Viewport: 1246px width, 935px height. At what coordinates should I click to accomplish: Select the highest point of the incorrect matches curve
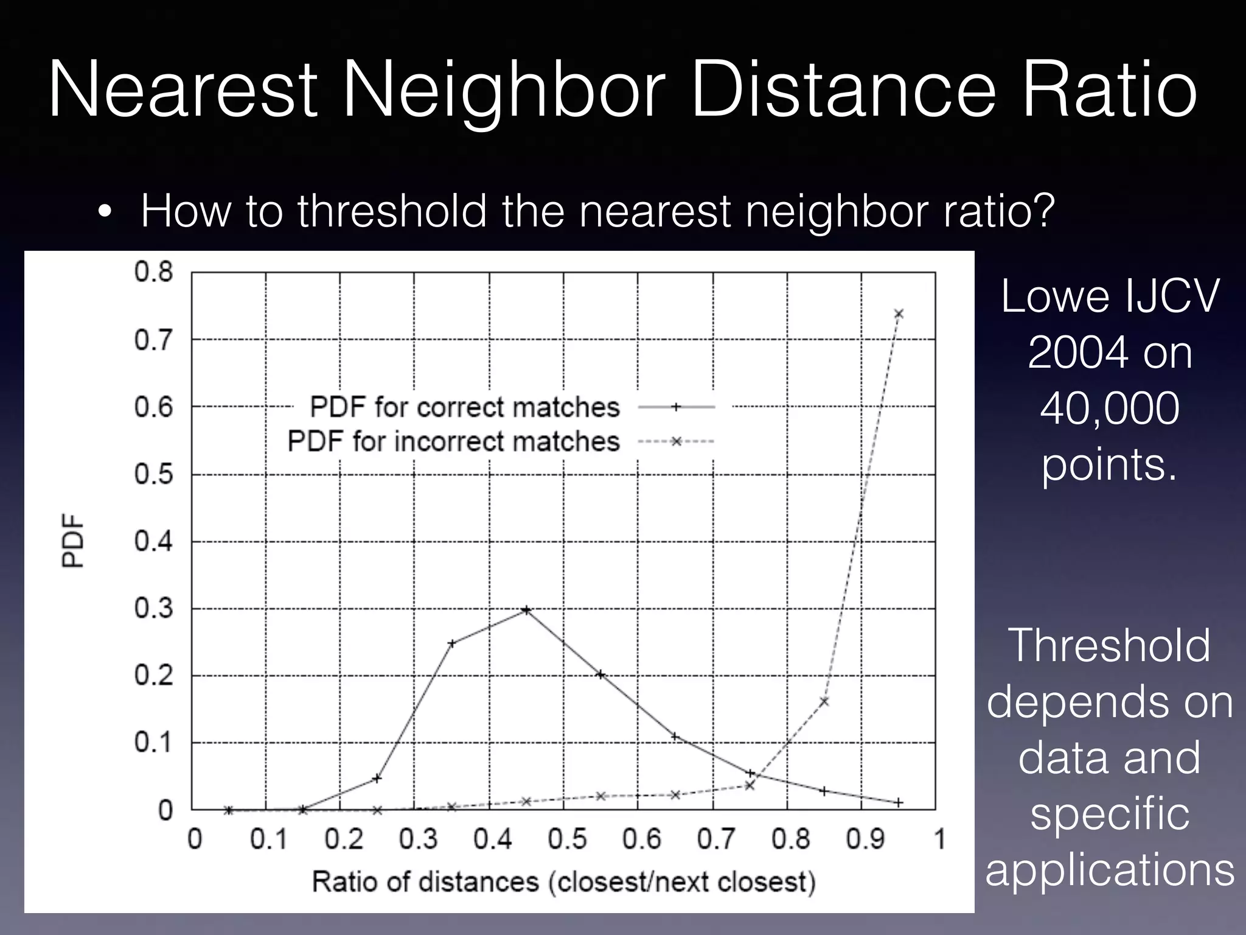pos(899,313)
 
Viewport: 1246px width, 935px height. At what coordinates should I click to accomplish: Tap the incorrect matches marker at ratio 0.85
pos(824,702)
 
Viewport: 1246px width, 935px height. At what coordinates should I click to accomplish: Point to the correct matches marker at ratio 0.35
pos(452,643)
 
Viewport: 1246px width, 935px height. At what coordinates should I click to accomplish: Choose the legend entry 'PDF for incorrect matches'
pos(453,441)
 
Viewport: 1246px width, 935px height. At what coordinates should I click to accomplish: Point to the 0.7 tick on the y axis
pos(153,340)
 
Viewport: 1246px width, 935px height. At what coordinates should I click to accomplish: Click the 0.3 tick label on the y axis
pos(153,609)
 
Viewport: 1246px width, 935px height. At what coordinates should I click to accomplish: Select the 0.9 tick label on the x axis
pos(864,839)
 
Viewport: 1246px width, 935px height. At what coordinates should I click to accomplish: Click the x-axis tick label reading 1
pos(939,839)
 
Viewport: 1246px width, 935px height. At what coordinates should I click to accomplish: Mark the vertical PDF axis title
pos(73,541)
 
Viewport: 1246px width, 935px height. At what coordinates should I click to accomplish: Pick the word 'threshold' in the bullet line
pos(392,211)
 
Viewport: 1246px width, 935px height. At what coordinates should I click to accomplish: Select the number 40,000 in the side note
pos(1109,408)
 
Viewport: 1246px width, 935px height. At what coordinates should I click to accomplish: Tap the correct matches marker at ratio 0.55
pos(600,674)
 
